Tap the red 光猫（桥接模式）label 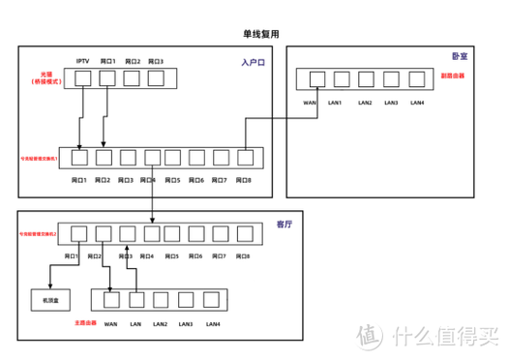point(46,77)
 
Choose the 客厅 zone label point(284,224)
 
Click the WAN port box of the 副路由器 point(310,80)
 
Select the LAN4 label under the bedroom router point(417,102)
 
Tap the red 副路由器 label point(452,76)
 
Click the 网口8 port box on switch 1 point(246,157)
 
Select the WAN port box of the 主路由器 point(109,302)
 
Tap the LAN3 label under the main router point(186,324)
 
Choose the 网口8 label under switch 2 point(241,256)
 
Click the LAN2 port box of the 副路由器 point(364,80)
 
